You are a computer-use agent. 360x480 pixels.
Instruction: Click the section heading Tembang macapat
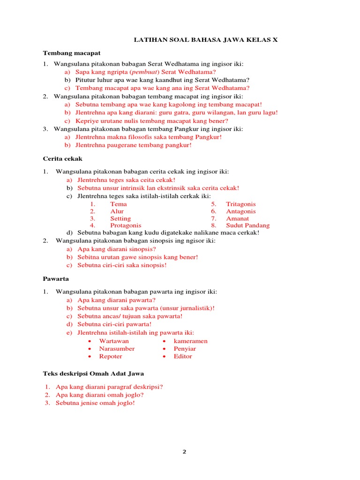tap(72, 53)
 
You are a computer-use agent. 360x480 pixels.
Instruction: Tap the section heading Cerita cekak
tap(62, 159)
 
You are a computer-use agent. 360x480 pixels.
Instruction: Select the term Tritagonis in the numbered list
tap(241, 204)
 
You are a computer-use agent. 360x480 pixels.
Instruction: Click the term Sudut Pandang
tap(247, 225)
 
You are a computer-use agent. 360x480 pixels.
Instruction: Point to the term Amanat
tap(237, 218)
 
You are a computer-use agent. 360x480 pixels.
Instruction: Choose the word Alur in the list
tap(117, 211)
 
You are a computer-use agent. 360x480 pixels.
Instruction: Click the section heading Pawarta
tap(56, 278)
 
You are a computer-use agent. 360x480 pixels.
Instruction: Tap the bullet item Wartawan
tap(114, 341)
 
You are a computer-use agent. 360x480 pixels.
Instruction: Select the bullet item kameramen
tap(190, 341)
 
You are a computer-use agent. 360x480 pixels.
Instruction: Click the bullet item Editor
tap(183, 356)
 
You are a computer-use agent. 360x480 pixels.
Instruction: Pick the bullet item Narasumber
tap(117, 349)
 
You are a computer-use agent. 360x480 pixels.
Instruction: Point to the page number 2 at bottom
tap(184, 452)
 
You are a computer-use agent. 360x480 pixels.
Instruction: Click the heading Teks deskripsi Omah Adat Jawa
tap(93, 374)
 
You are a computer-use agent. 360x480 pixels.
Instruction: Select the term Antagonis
tap(241, 211)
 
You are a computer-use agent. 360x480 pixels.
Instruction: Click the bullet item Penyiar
tap(185, 349)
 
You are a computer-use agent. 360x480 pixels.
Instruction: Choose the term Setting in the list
tap(120, 218)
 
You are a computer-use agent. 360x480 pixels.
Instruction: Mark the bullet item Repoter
tap(111, 356)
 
